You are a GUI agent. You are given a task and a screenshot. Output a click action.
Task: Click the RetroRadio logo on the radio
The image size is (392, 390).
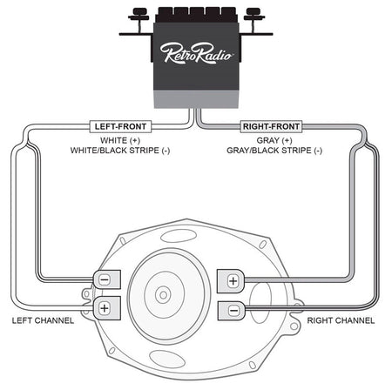point(196,52)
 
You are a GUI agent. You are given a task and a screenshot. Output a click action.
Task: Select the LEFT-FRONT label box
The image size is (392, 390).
point(120,126)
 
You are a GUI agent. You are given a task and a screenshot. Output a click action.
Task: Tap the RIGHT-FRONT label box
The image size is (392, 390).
point(271,126)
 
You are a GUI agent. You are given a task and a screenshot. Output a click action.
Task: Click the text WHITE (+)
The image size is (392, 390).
point(120,140)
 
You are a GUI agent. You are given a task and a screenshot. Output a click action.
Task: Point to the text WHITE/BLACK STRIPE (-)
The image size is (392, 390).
point(120,151)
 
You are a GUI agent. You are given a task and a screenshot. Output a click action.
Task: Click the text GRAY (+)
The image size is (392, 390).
point(274,140)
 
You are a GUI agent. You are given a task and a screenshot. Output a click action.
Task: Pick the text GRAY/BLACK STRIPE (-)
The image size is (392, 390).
point(274,151)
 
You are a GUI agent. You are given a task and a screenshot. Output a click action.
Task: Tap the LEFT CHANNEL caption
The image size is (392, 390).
point(43,320)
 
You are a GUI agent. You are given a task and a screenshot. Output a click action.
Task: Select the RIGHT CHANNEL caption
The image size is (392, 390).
point(341,320)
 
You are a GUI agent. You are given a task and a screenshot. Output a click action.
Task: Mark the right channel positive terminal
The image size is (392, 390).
point(231,281)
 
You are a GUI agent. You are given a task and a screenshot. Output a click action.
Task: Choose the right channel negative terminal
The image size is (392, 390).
point(232,311)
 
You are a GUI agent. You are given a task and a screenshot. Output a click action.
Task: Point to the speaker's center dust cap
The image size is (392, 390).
point(163,295)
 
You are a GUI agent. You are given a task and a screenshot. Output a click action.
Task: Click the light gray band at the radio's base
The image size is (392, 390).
point(196,99)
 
